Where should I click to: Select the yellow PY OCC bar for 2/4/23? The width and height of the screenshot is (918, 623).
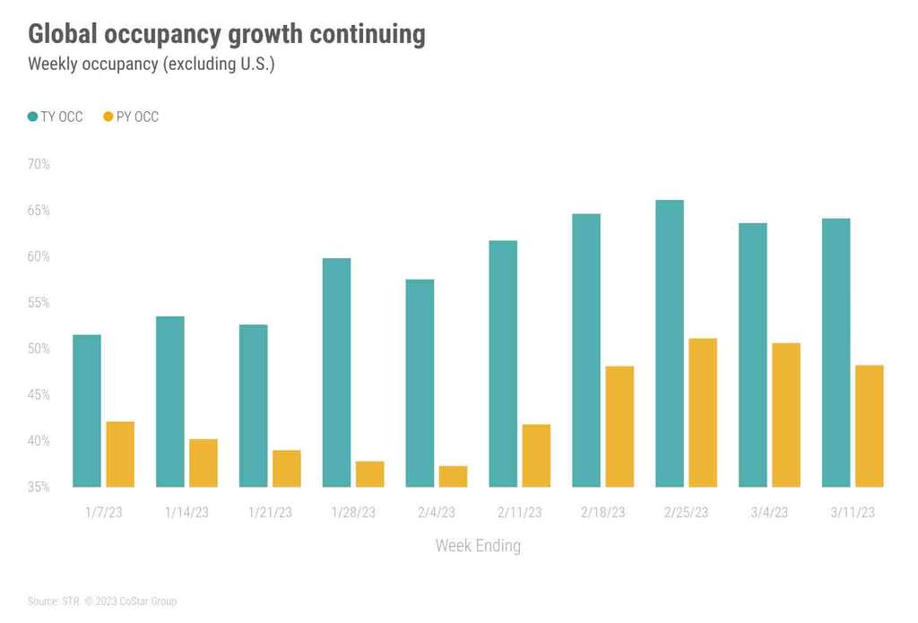(x=453, y=476)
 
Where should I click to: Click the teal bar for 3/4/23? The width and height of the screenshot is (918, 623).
(x=753, y=354)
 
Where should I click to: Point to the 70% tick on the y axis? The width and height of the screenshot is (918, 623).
(x=39, y=164)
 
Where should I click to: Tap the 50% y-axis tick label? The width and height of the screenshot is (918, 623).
(x=39, y=349)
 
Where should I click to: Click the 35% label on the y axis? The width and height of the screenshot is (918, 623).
(x=39, y=487)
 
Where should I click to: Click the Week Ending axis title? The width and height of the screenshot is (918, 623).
(x=478, y=545)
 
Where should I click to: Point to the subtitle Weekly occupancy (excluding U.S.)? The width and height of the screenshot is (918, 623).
(x=151, y=65)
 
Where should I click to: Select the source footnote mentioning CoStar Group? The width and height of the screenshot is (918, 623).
(x=102, y=601)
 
